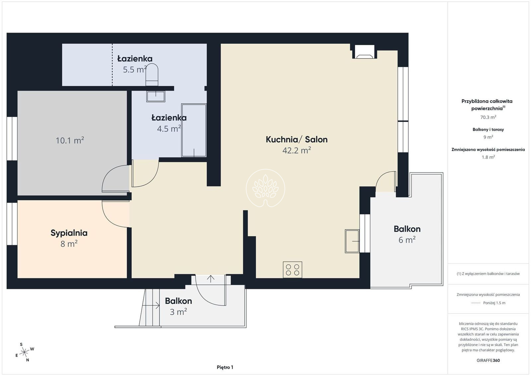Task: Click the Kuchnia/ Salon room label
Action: coord(297,140)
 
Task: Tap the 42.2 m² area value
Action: coord(297,150)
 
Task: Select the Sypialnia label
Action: coord(69,233)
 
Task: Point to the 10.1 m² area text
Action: coord(70,140)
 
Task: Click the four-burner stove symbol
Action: coord(292,270)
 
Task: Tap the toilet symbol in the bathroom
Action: coord(152,74)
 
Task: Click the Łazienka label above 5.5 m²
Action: coord(135,58)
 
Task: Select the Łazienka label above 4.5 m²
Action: coord(169,118)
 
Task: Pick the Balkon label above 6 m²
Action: coord(407,229)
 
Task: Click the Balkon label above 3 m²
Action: coord(179,301)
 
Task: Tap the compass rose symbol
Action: coord(25,352)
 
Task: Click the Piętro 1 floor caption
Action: coord(225,367)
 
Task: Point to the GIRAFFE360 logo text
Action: coord(488,360)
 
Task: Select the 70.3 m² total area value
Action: coord(488,117)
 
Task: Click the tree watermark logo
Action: coord(265,188)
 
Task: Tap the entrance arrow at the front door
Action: coord(210,279)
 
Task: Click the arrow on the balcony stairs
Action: coord(151,306)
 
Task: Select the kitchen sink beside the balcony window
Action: coord(352,241)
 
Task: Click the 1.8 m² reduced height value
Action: coord(488,157)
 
